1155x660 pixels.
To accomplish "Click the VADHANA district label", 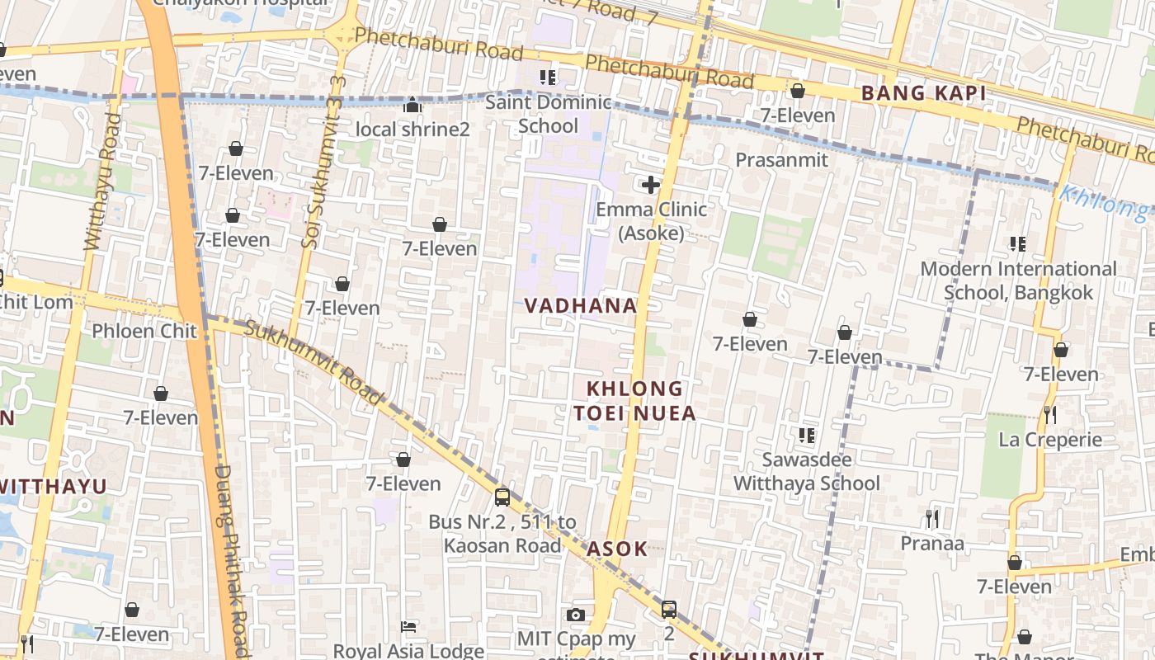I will click(581, 305).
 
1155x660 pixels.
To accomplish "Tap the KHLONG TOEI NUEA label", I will click(641, 400).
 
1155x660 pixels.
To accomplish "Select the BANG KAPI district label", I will click(923, 92).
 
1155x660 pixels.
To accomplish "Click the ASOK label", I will click(617, 549).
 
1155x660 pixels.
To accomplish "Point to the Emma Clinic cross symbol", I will click(651, 185).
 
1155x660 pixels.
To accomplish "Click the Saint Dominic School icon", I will click(547, 78).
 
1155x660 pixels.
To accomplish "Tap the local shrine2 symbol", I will click(412, 105).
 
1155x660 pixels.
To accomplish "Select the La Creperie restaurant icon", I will click(1049, 414).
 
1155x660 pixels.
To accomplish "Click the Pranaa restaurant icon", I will click(932, 518).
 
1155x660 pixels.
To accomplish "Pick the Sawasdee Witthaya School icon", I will click(806, 434).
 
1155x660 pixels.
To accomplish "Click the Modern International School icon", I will click(1017, 243).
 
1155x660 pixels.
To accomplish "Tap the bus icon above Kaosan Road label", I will click(502, 497).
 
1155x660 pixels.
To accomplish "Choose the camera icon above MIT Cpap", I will click(576, 615).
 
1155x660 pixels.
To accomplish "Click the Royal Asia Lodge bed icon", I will click(408, 627).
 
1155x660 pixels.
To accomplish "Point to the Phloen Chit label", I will click(144, 331).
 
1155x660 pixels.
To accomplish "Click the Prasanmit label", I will click(781, 159).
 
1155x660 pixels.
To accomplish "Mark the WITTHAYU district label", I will click(54, 486).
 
